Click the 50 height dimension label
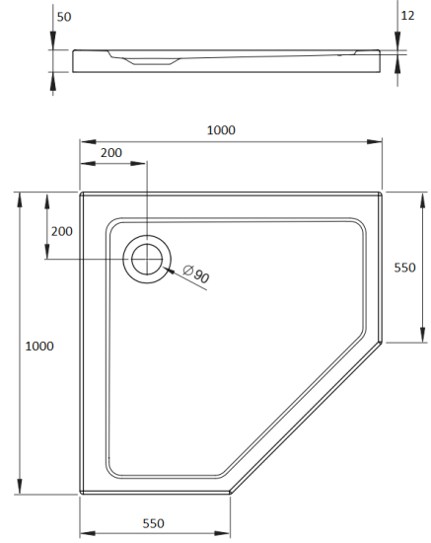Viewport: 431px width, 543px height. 65,17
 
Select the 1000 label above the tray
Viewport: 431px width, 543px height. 221,129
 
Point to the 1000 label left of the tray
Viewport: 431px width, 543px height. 39,346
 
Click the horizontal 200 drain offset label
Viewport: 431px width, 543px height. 111,153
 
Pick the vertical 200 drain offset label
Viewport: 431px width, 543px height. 61,231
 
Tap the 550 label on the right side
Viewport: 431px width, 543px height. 405,268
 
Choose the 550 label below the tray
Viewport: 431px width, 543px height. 153,523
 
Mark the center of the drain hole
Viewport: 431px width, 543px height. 146,260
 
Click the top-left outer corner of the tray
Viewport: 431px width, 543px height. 81,194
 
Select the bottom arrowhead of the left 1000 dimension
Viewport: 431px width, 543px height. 19,488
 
